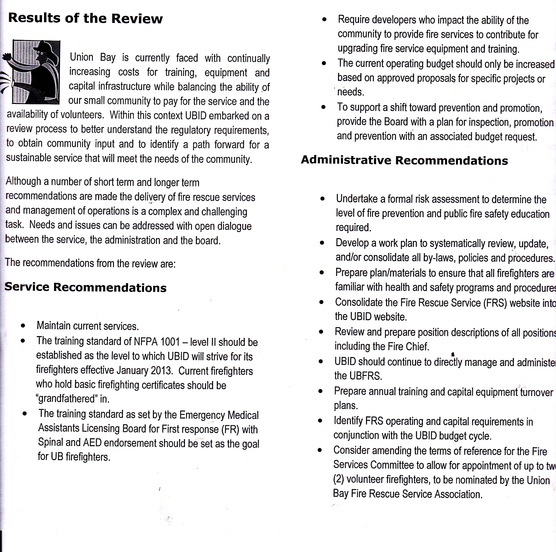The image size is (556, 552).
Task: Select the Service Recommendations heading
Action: tap(85, 287)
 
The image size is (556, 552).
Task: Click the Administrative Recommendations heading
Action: tap(404, 160)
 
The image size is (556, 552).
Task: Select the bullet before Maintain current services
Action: tap(23, 326)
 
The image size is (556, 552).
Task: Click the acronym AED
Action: tap(92, 443)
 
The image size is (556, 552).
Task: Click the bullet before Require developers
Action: tap(325, 20)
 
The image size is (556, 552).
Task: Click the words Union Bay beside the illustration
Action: tap(92, 57)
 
